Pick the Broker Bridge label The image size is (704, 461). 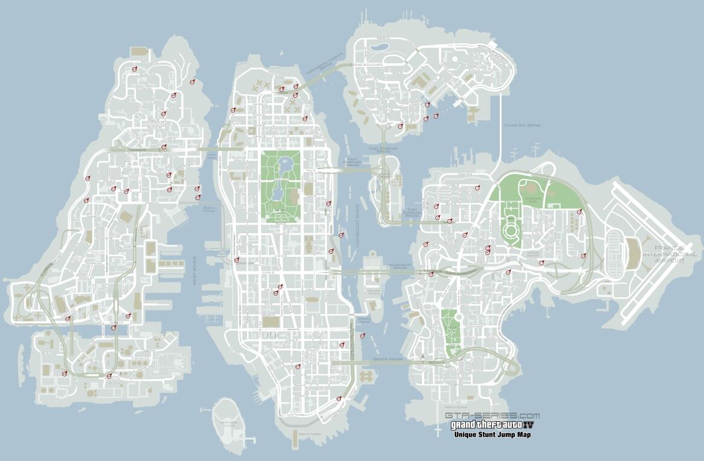[x=387, y=359]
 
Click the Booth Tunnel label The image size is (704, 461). [x=210, y=210]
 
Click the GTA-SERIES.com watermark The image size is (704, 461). [x=492, y=416]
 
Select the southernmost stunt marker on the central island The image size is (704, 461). [x=338, y=398]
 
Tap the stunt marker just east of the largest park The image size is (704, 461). [x=329, y=203]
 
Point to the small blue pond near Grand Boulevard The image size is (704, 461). [x=379, y=46]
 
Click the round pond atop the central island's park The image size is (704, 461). [x=285, y=164]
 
